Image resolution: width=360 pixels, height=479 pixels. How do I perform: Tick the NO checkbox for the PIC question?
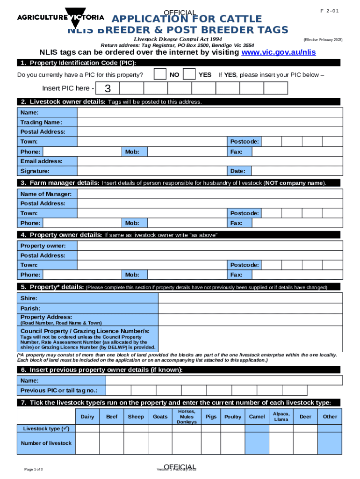click(160, 74)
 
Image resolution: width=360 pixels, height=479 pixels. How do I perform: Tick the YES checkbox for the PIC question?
click(189, 74)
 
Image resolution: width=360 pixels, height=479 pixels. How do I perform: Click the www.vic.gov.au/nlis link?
click(278, 52)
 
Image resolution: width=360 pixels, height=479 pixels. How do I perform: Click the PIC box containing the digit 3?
click(108, 89)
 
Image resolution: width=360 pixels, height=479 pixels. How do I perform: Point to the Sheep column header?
click(136, 417)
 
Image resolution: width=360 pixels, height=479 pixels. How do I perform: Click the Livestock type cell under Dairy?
click(87, 428)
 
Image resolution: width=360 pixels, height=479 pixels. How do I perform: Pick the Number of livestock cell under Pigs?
click(211, 443)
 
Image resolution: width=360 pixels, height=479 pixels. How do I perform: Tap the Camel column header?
click(257, 417)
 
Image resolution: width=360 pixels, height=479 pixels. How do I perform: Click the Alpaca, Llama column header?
click(281, 417)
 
